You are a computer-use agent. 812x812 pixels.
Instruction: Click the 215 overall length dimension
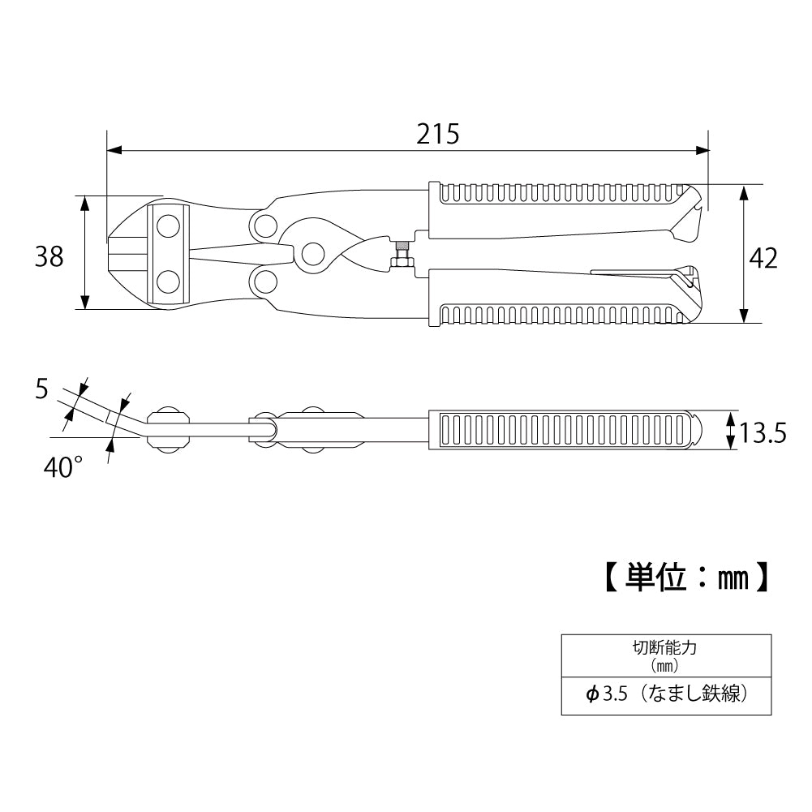[437, 134]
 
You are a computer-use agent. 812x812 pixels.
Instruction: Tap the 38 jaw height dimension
[49, 256]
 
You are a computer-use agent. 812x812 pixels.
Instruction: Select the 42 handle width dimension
[763, 259]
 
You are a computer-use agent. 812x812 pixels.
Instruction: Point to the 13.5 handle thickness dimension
[763, 433]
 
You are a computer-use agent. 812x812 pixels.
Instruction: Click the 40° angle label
[63, 467]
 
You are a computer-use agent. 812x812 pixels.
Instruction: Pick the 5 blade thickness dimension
[42, 389]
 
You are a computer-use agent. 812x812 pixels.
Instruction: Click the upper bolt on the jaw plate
[168, 226]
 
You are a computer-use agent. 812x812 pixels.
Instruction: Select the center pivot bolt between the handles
[313, 254]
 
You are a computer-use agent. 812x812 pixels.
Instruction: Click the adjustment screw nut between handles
[401, 254]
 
